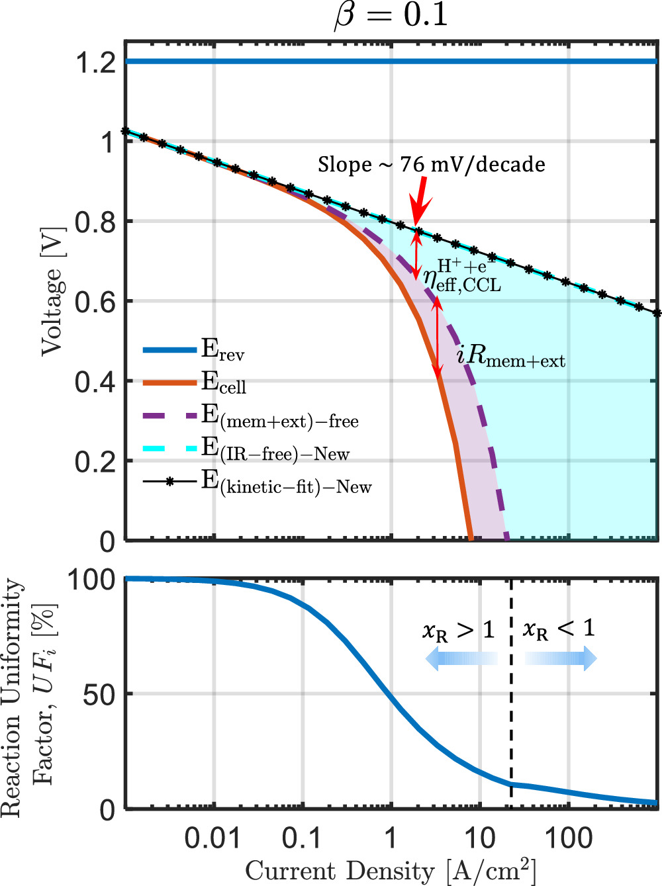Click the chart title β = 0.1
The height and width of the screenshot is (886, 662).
[391, 15]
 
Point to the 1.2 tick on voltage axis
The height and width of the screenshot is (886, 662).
[95, 63]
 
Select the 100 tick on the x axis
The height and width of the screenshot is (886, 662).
[568, 839]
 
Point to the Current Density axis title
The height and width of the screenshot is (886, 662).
[391, 871]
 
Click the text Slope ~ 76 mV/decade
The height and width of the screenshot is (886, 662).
[432, 164]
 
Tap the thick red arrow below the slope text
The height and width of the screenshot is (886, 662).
[420, 202]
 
